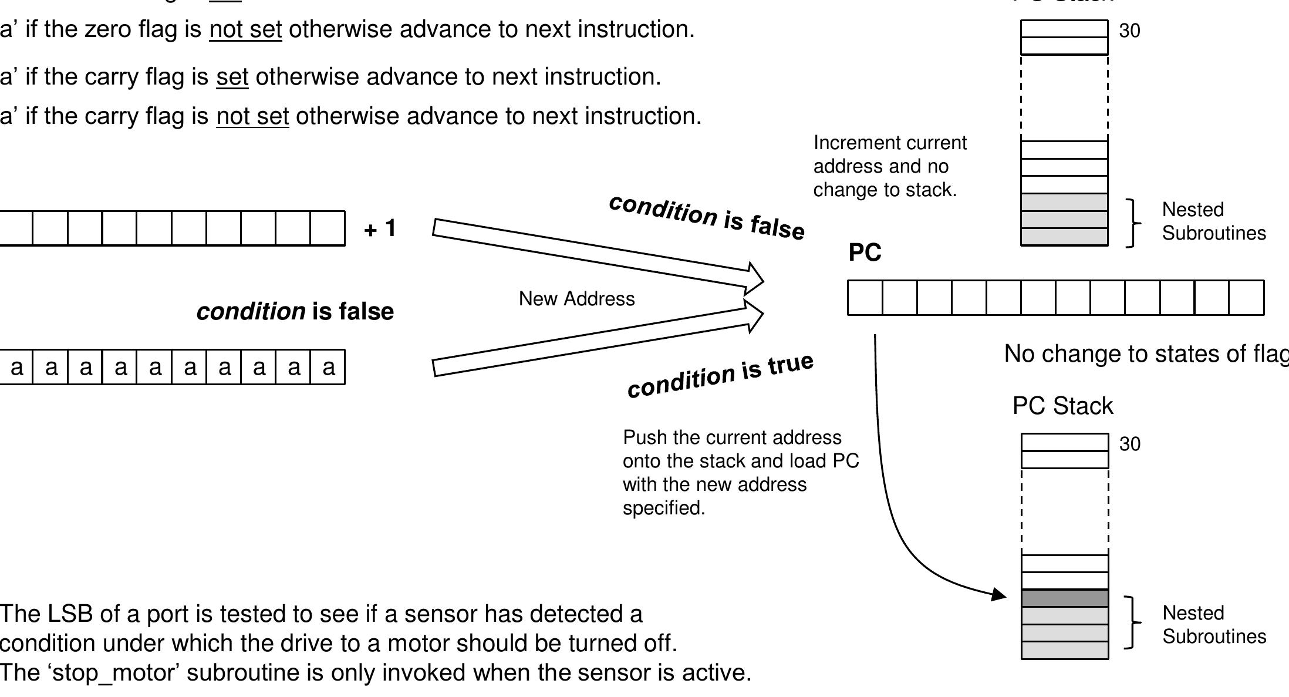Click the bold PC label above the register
tap(865, 252)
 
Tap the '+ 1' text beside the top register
tap(380, 228)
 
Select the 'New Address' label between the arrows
tap(576, 299)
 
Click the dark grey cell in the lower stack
tap(1064, 598)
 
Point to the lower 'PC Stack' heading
tap(1062, 406)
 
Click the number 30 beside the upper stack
tap(1129, 31)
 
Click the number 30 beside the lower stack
tap(1129, 444)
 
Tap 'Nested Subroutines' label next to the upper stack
tap(1213, 221)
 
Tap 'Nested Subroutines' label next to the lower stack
tap(1214, 625)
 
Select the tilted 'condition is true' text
tap(720, 376)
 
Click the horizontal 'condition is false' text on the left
tap(295, 311)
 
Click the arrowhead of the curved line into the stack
tap(999, 594)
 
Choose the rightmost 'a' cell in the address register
tap(328, 367)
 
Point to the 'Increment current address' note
tap(889, 166)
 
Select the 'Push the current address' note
tap(740, 473)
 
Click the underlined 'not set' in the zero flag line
tap(245, 29)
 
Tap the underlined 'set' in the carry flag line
tap(232, 77)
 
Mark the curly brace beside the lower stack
tap(1132, 622)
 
